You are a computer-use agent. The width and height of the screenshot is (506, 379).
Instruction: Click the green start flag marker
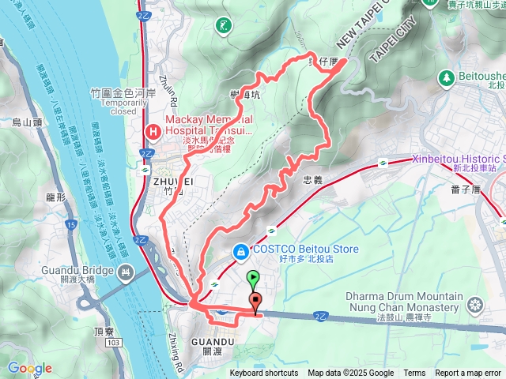pyautogui.click(x=253, y=278)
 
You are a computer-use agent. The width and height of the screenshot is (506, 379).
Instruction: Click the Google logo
pyautogui.click(x=29, y=368)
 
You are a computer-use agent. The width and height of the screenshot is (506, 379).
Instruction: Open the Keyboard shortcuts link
pyautogui.click(x=264, y=373)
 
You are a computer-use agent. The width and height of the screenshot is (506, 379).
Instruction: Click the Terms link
pyautogui.click(x=414, y=373)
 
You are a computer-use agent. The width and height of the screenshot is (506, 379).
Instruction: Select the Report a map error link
pyautogui.click(x=469, y=373)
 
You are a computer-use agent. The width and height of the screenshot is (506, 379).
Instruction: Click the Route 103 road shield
pyautogui.click(x=115, y=342)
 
